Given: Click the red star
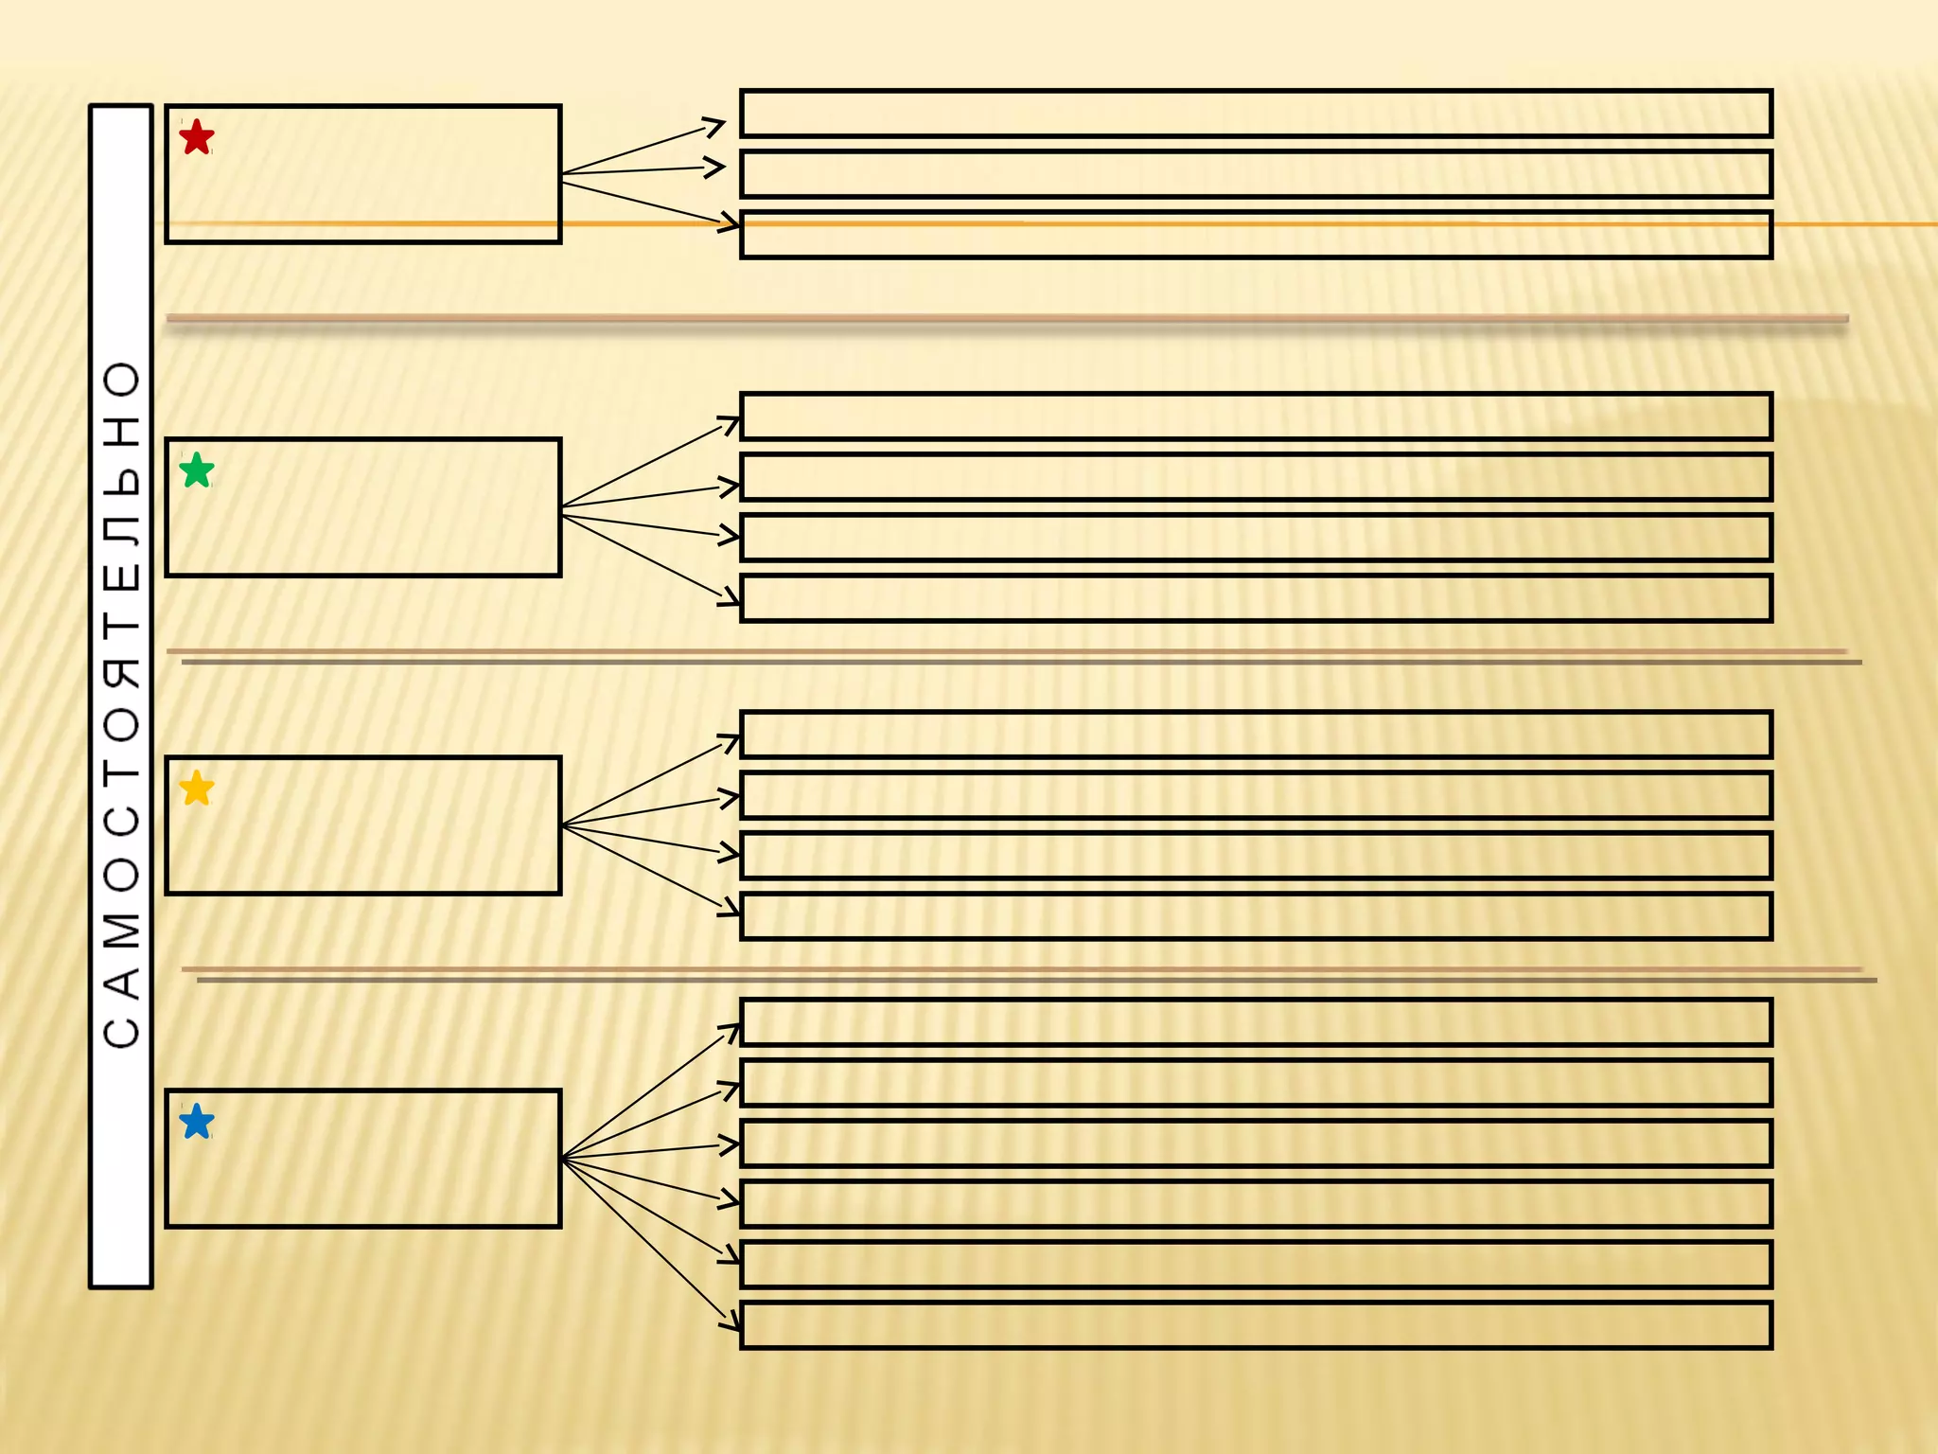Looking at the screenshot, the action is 196,137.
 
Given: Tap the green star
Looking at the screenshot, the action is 196,470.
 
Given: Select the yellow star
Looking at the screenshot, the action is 196,788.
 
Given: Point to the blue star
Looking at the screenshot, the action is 196,1122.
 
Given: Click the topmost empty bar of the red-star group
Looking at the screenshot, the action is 1256,114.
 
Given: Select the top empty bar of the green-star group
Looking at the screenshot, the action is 1256,417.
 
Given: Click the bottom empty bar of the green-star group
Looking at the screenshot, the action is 1256,598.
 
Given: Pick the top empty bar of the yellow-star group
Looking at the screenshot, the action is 1256,735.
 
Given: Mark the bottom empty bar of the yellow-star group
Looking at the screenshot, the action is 1256,916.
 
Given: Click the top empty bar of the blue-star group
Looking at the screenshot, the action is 1256,1022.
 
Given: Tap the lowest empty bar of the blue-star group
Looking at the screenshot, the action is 1256,1325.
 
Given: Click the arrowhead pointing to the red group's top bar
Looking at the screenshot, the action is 716,125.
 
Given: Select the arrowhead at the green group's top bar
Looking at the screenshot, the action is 731,423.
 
